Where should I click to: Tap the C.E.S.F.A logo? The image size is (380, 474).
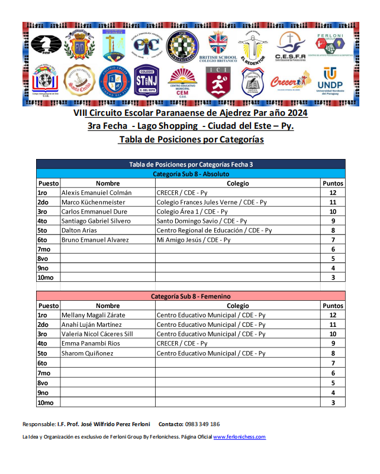tap(290, 46)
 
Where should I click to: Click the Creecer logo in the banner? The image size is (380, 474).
tap(291, 80)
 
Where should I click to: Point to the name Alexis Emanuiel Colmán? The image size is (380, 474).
tap(96, 193)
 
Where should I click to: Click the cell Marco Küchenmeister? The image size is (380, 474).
tap(92, 202)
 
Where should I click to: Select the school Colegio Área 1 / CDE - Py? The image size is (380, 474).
tap(192, 212)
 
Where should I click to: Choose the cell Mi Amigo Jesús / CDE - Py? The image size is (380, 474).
tap(193, 240)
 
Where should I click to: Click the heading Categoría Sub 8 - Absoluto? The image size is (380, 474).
tap(191, 174)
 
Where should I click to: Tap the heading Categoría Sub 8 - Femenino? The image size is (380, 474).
tap(191, 296)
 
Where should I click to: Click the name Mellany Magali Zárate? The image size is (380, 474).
tap(91, 315)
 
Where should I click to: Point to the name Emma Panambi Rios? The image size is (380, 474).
tap(91, 343)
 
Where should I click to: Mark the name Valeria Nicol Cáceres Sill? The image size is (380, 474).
tap(97, 334)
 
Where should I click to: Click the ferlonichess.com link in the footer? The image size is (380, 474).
tap(239, 437)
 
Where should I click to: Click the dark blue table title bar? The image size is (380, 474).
tap(191, 164)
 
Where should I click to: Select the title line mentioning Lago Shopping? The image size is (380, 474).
tap(190, 126)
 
